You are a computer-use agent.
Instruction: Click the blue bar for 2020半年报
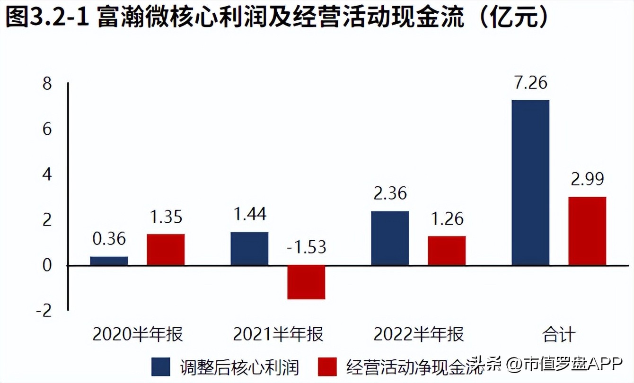(x=109, y=261)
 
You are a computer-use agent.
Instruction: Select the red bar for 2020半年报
(x=166, y=249)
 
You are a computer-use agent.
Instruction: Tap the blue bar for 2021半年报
(x=249, y=248)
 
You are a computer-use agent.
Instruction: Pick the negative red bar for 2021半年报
(x=306, y=282)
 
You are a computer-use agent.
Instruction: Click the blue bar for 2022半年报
(x=390, y=238)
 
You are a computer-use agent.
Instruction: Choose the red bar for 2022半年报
(x=447, y=250)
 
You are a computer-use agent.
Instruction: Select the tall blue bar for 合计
(x=530, y=183)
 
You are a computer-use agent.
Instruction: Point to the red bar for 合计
(x=587, y=231)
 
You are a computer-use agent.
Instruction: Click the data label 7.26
(x=530, y=83)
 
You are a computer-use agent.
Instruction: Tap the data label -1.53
(x=306, y=247)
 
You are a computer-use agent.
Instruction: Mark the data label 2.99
(x=587, y=180)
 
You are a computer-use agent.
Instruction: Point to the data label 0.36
(x=109, y=239)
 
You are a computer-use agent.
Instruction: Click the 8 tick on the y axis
(x=47, y=85)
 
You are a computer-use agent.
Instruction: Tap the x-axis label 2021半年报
(x=278, y=335)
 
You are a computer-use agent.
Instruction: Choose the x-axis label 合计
(x=559, y=335)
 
